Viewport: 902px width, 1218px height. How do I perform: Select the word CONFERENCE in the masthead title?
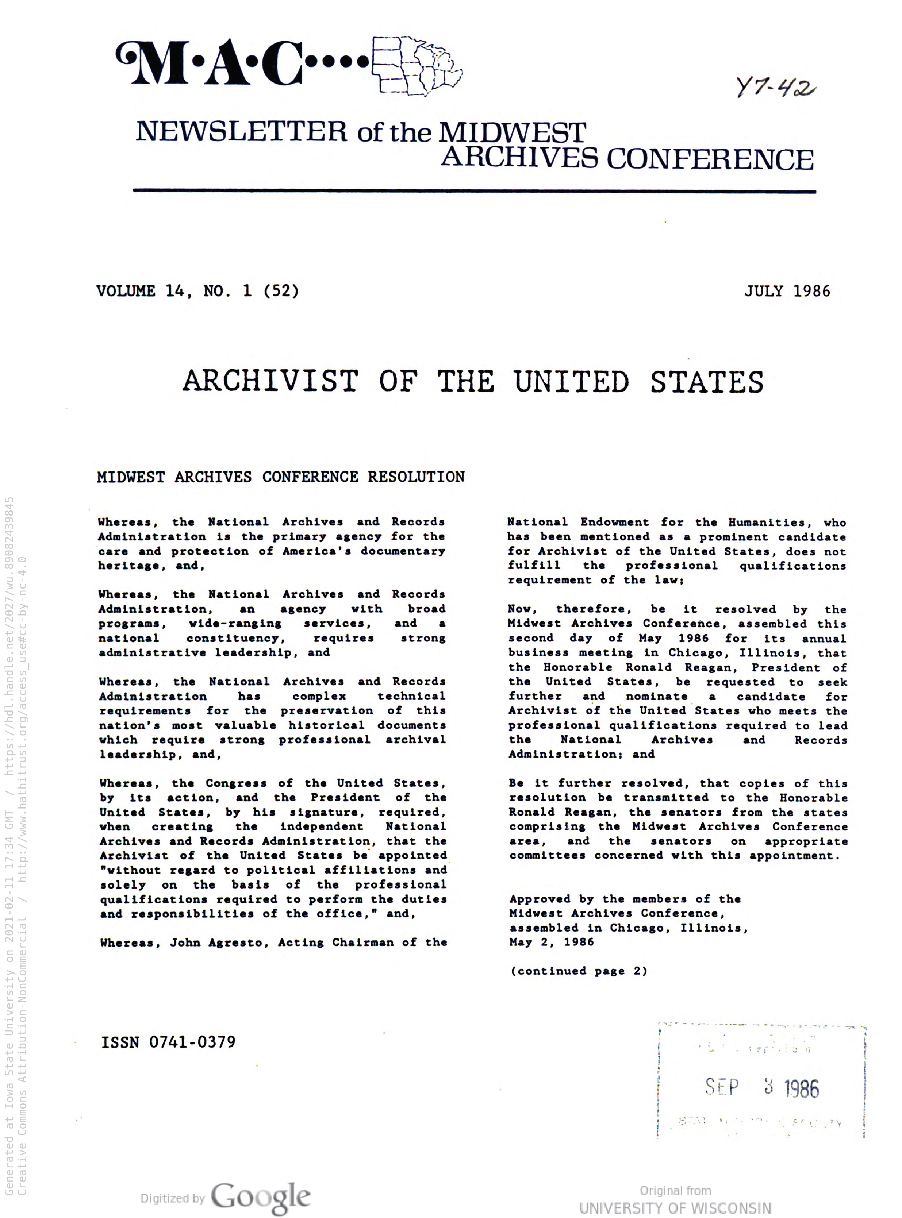[x=710, y=159]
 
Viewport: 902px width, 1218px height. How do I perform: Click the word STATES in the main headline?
[x=707, y=382]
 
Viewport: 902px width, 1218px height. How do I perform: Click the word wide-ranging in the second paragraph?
[x=235, y=623]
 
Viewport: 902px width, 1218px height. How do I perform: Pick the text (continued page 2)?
[x=579, y=971]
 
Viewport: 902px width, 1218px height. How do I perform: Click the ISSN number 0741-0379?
[x=192, y=1042]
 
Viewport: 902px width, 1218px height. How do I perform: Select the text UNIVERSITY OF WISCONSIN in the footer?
[x=675, y=1208]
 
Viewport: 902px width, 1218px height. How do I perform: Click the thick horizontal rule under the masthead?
[x=474, y=191]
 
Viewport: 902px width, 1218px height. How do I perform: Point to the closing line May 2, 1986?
[x=552, y=942]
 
